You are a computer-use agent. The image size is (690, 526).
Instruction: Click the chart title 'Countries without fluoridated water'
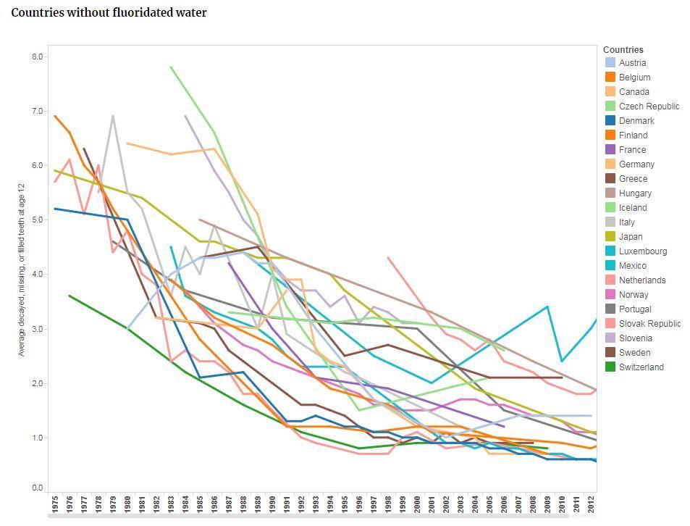coord(109,13)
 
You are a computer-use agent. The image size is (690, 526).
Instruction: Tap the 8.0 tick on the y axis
coord(38,57)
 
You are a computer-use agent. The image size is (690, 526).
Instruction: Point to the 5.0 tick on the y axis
coord(38,220)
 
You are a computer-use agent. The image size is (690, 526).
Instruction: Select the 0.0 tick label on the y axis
coord(38,488)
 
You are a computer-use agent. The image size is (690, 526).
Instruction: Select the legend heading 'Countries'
coord(623,50)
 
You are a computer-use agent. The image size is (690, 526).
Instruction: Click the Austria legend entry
coord(632,63)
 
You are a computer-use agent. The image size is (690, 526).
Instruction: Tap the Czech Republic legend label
coord(649,107)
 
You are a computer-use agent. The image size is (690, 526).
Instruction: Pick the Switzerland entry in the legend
coord(641,367)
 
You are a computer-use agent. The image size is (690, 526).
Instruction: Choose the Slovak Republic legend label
coord(649,324)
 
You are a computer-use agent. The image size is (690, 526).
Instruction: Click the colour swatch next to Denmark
coord(610,121)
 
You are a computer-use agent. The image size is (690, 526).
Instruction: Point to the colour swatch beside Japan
coord(610,237)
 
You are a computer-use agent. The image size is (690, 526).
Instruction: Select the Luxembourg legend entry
coord(643,251)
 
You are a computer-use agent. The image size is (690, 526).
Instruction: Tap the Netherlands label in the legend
coord(642,280)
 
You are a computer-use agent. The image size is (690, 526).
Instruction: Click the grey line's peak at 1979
coord(113,116)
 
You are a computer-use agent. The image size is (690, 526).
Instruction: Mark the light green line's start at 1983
coord(171,67)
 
